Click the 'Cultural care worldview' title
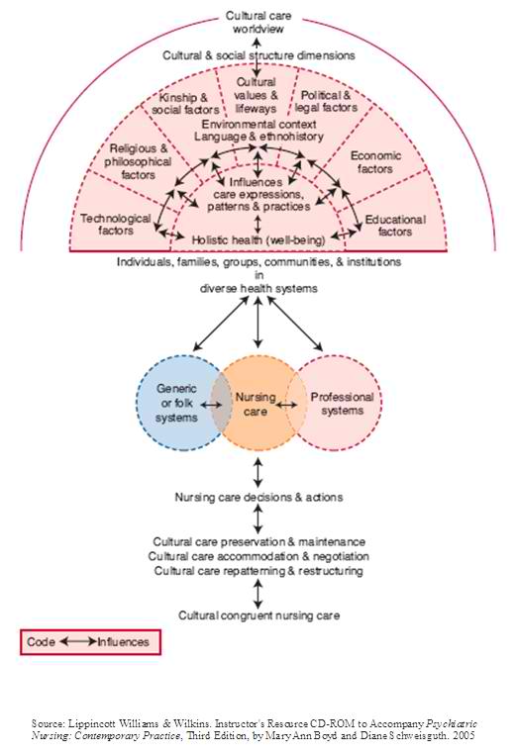tap(258, 22)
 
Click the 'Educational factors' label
tap(395, 226)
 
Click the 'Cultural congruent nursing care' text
tap(258, 615)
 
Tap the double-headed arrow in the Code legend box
tap(76, 642)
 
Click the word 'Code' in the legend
tap(42, 642)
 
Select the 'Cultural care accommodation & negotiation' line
tap(258, 557)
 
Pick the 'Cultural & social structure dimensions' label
tap(258, 56)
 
